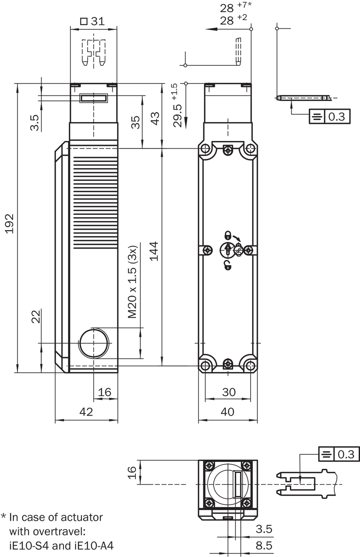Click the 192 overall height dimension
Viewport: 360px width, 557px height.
click(x=10, y=223)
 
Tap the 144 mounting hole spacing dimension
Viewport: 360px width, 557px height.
click(x=154, y=251)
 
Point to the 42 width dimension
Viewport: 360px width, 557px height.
click(x=86, y=412)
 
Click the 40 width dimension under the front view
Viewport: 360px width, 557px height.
click(x=227, y=412)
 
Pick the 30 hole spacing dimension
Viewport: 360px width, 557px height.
click(x=229, y=392)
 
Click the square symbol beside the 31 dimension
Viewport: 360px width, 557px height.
click(x=84, y=21)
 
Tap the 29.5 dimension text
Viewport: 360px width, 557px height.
click(x=178, y=116)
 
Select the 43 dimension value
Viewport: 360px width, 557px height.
click(x=155, y=118)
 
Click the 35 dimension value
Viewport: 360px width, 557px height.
click(x=135, y=122)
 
